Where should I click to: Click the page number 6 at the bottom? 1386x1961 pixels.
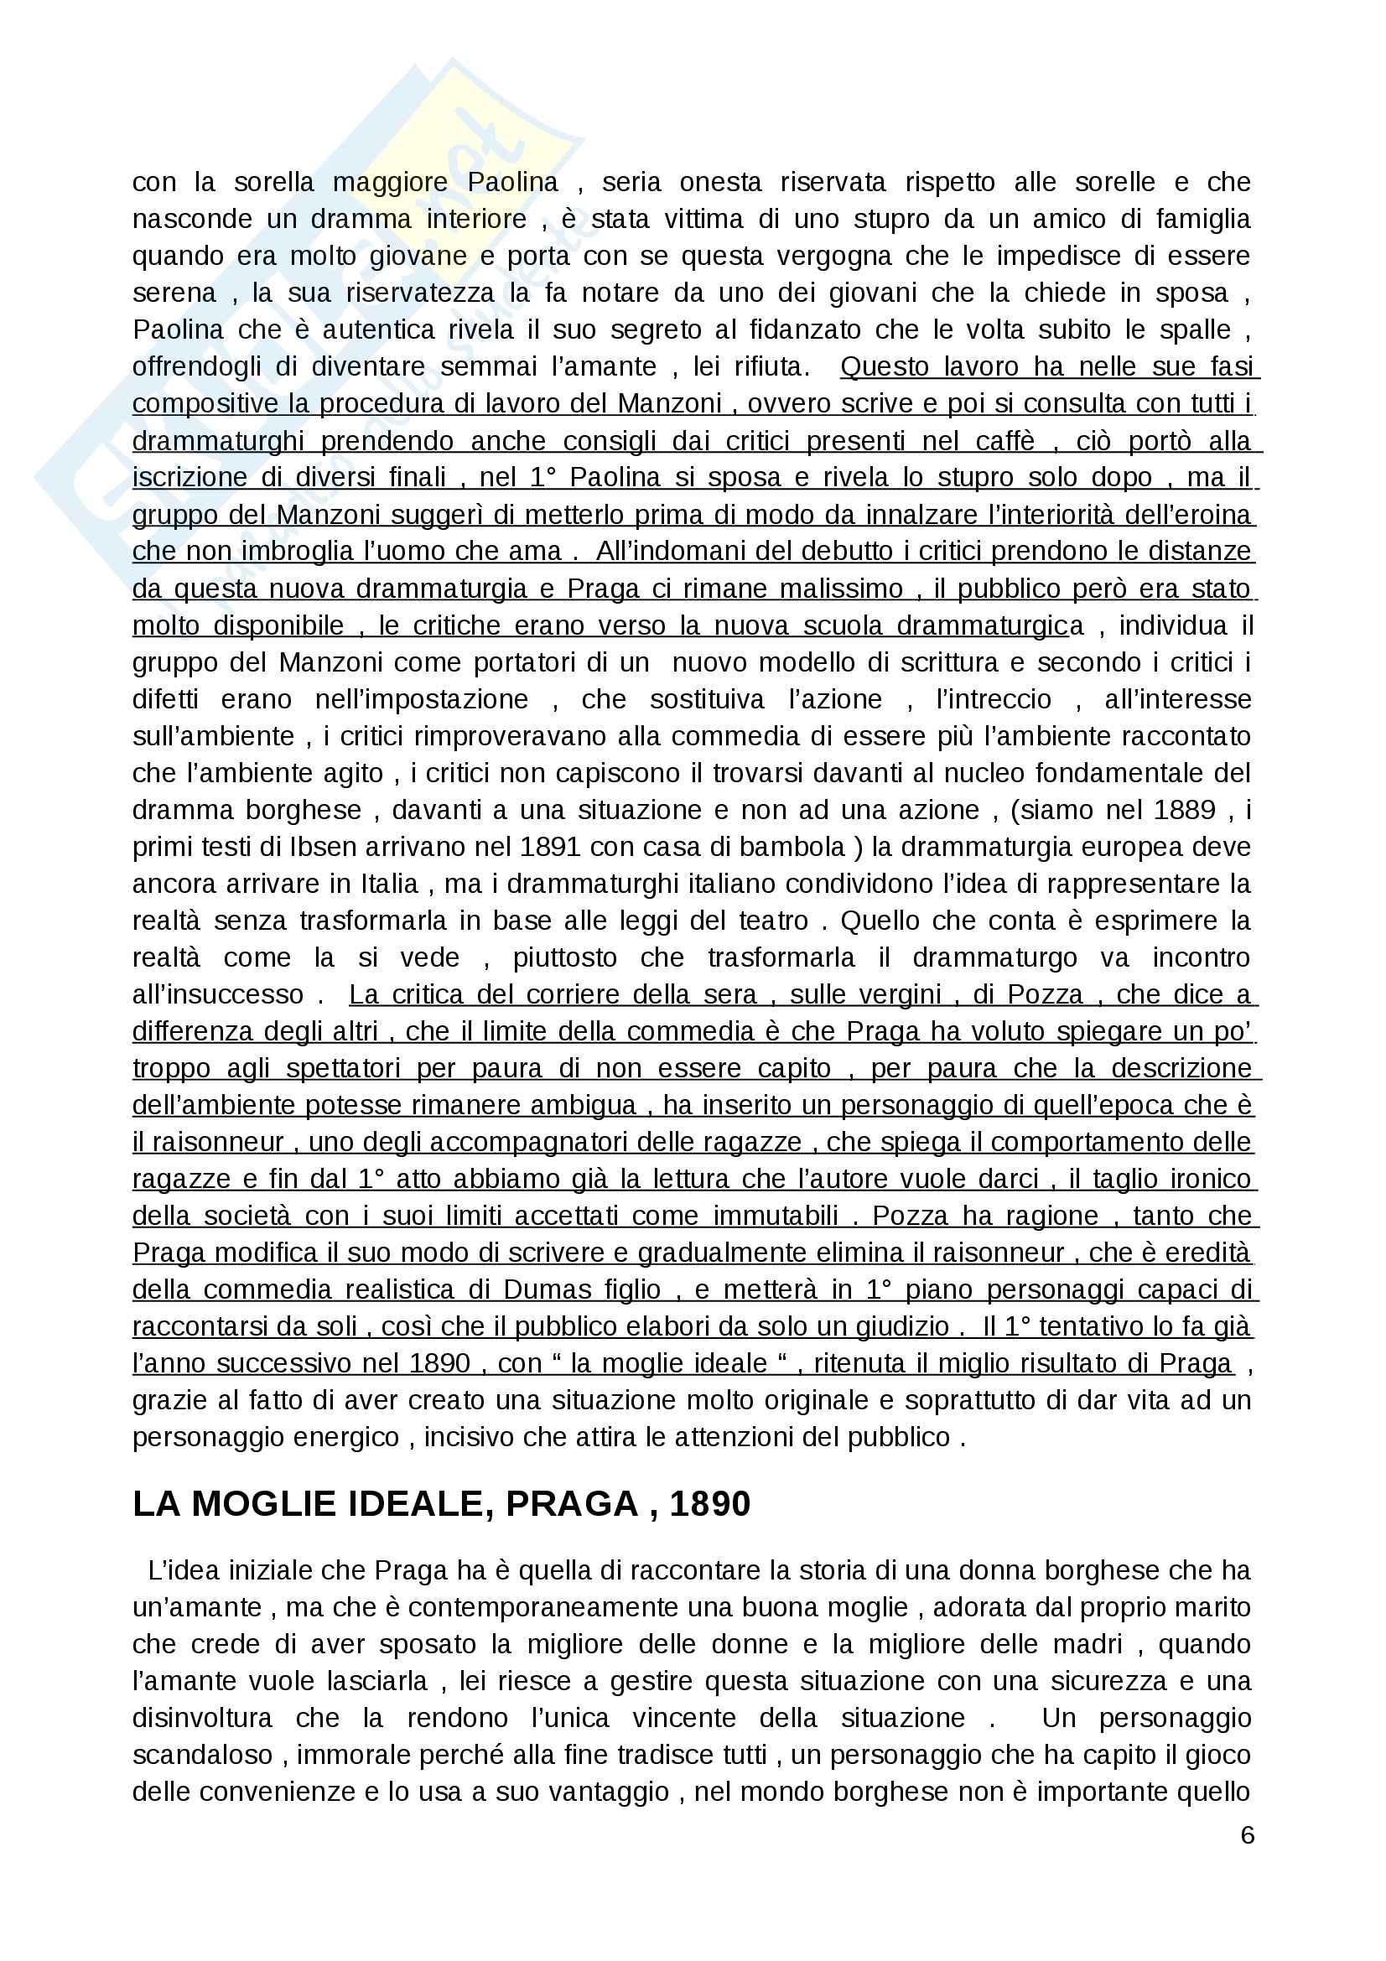(x=1247, y=1834)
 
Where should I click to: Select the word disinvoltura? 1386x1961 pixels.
(x=202, y=1719)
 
